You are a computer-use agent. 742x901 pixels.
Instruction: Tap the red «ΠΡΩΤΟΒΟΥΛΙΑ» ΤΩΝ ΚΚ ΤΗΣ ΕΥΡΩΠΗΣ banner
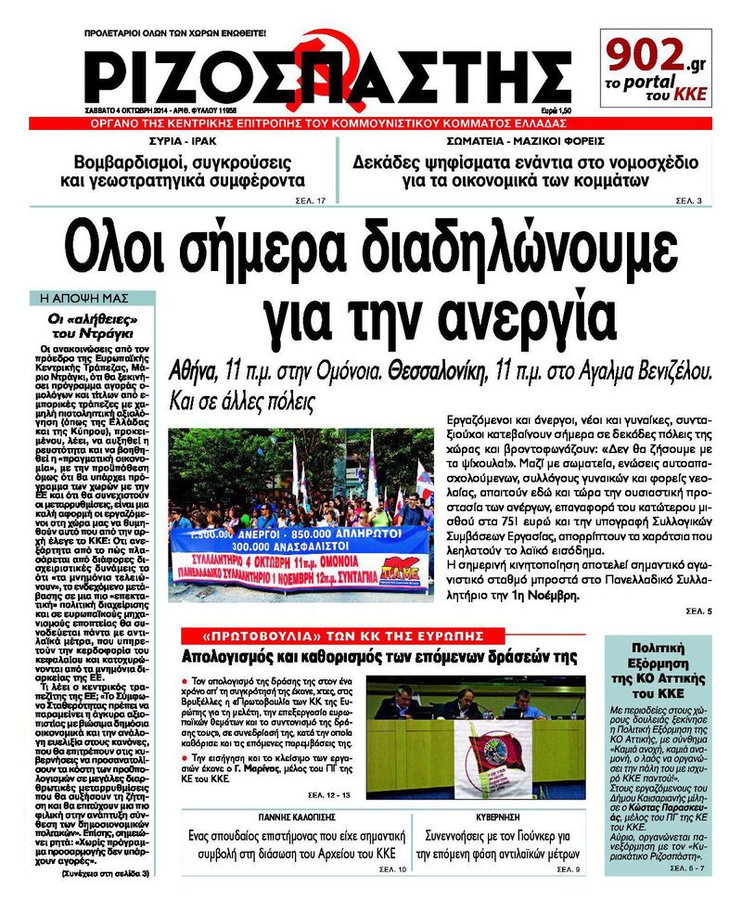(344, 637)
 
